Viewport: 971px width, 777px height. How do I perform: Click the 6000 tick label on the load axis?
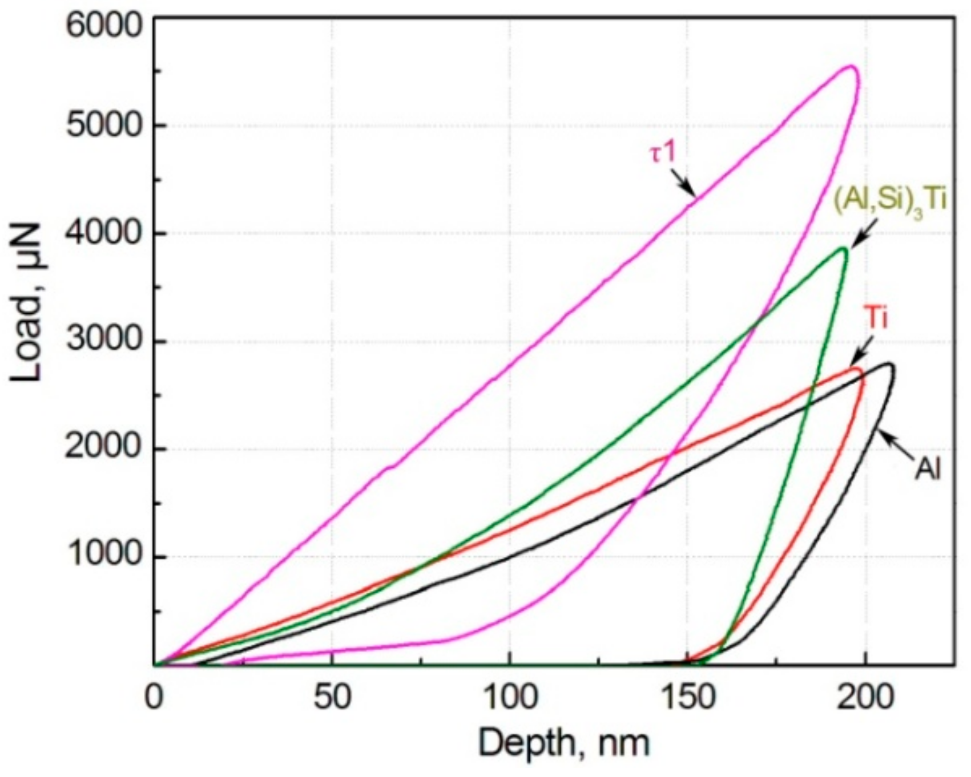[103, 27]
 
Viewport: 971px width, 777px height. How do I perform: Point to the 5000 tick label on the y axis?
[103, 126]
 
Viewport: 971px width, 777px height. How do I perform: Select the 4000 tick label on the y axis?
[103, 234]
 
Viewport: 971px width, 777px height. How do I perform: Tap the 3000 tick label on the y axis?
[103, 341]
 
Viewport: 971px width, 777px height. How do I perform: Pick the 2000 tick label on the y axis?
[103, 448]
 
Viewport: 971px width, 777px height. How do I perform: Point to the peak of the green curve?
[843, 249]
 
